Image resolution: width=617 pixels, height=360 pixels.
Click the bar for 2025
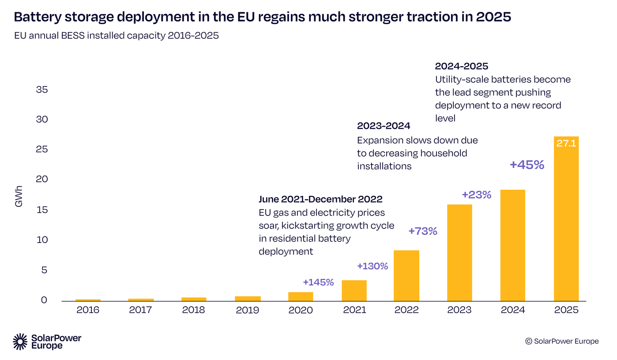click(x=566, y=221)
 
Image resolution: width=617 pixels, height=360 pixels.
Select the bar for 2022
click(x=406, y=276)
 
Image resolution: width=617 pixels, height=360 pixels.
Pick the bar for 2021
click(x=354, y=291)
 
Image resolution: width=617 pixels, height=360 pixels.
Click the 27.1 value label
click(x=566, y=143)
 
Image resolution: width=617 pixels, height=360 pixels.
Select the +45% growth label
click(x=527, y=165)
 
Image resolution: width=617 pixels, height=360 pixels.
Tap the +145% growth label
click(x=318, y=282)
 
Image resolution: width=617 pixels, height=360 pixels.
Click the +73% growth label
click(x=422, y=231)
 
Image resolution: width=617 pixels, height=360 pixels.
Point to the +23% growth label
click(x=476, y=195)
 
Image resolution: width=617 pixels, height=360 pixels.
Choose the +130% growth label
click(x=372, y=266)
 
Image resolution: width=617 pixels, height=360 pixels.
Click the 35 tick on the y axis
click(x=41, y=90)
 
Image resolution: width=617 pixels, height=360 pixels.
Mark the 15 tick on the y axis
click(x=41, y=210)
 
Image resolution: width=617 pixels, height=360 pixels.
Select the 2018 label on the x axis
click(x=194, y=310)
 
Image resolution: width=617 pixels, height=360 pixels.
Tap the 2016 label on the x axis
click(x=88, y=310)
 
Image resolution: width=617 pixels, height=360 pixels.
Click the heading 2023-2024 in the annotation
click(x=384, y=126)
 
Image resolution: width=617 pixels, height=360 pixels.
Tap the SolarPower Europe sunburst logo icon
click(x=20, y=341)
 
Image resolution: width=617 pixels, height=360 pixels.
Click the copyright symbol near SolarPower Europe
click(x=528, y=341)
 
